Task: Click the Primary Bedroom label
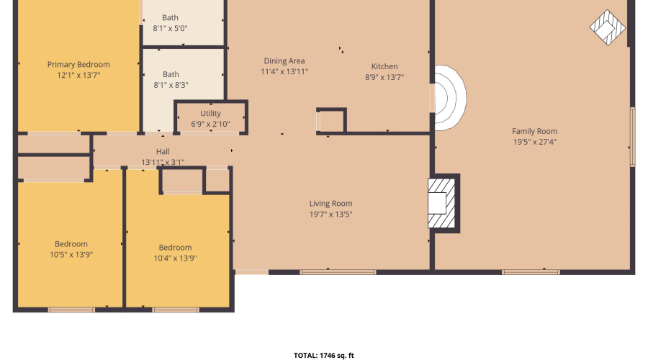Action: pyautogui.click(x=78, y=64)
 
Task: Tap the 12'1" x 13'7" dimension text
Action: pyautogui.click(x=78, y=75)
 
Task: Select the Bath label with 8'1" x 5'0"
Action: pyautogui.click(x=171, y=18)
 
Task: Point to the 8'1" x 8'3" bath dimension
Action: pyautogui.click(x=171, y=85)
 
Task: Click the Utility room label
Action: pyautogui.click(x=210, y=113)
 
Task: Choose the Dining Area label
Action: pyautogui.click(x=284, y=61)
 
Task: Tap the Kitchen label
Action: pyautogui.click(x=384, y=66)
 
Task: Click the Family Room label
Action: pyautogui.click(x=534, y=131)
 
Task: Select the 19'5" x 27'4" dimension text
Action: pyautogui.click(x=534, y=142)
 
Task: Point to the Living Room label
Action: pyautogui.click(x=330, y=203)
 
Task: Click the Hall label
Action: pyautogui.click(x=163, y=151)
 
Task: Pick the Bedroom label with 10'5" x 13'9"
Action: pyautogui.click(x=71, y=243)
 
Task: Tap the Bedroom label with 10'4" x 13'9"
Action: pyautogui.click(x=175, y=247)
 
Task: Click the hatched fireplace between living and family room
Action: pyautogui.click(x=443, y=203)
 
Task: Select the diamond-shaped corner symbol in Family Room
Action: pyautogui.click(x=608, y=28)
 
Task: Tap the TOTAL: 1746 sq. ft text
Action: pyautogui.click(x=323, y=355)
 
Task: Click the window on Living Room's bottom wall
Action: pyautogui.click(x=328, y=272)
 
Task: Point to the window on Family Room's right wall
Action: pyautogui.click(x=632, y=137)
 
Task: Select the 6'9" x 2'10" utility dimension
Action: pyautogui.click(x=210, y=124)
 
